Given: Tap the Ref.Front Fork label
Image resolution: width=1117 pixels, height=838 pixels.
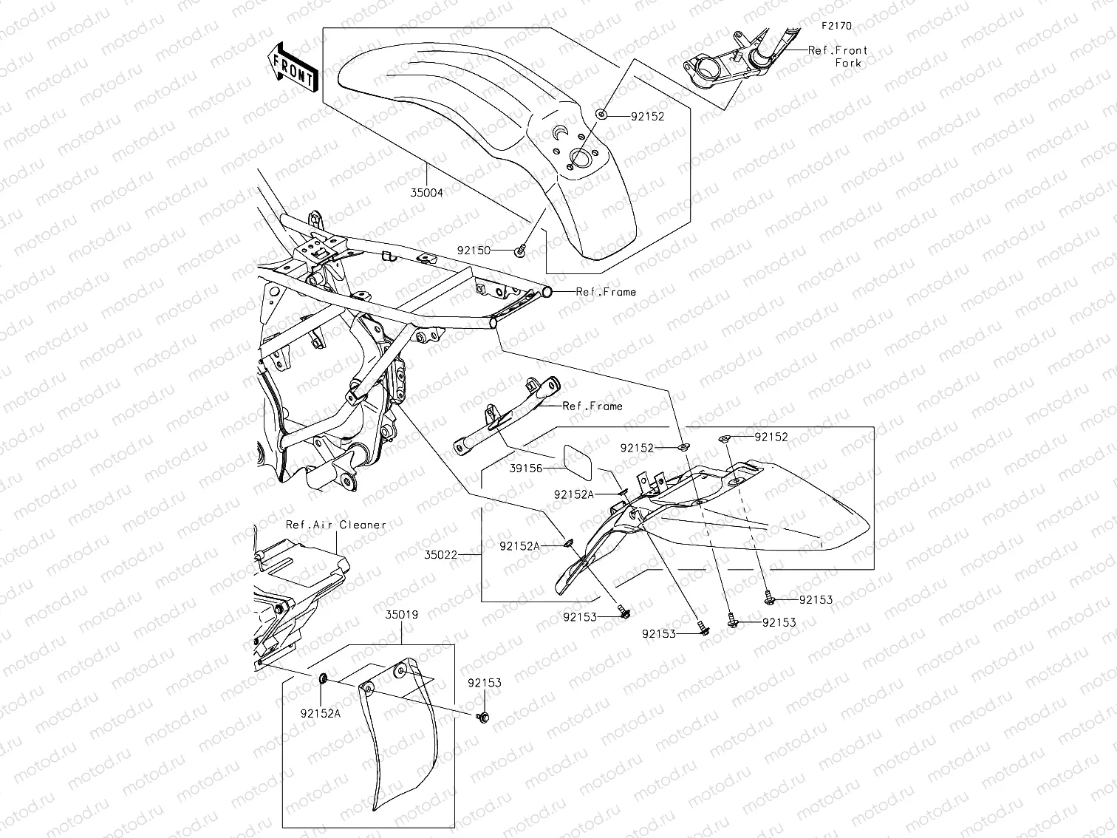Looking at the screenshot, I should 838,57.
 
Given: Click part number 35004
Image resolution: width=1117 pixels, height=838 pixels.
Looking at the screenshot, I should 427,193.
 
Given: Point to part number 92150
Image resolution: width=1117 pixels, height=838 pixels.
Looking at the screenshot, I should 474,251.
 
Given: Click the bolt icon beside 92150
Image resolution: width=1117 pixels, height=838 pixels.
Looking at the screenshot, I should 520,251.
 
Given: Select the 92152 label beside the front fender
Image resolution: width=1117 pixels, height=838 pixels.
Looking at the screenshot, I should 647,116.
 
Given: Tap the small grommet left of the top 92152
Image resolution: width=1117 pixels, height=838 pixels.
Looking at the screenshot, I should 602,115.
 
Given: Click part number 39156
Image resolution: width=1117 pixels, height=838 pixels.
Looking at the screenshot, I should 526,469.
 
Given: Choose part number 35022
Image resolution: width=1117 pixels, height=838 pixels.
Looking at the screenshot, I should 441,553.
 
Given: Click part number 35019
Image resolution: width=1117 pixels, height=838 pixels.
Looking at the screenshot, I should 401,613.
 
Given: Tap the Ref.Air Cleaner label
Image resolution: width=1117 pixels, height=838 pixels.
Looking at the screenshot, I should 336,525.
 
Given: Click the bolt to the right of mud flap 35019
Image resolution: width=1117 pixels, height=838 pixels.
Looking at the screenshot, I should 483,716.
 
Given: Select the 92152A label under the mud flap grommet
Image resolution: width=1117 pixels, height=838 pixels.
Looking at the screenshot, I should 321,713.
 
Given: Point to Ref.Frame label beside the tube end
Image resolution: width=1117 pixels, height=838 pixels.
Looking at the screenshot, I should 606,292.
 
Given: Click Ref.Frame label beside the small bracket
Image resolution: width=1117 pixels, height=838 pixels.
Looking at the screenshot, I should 592,406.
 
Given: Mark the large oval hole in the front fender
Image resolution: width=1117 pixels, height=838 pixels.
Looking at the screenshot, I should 582,159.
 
